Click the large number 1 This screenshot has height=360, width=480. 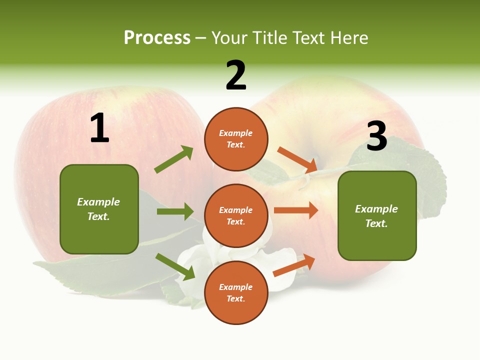99,128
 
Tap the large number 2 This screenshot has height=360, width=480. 236,76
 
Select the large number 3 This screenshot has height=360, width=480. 376,136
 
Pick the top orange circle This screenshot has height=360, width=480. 236,139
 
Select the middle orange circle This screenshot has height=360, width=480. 236,215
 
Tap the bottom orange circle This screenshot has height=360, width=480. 236,292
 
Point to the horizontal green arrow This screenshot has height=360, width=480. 175,211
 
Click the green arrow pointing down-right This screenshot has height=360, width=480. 175,266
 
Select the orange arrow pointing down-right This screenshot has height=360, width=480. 297,159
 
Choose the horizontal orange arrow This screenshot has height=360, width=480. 296,210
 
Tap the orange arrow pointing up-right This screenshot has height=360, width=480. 294,265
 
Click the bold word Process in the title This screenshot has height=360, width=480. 157,38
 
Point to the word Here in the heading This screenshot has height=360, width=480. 349,38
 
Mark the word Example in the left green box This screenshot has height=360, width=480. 98,202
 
